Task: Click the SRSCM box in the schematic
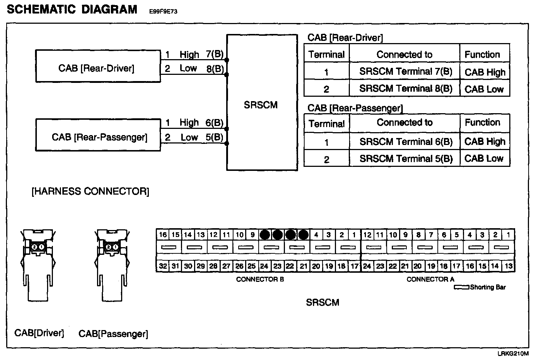[x=262, y=103]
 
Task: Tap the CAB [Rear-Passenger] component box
[x=98, y=135]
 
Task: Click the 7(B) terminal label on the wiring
[x=215, y=54]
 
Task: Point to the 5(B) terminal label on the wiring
[x=214, y=137]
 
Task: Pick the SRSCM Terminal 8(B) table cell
[x=405, y=88]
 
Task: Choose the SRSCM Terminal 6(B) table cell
[x=405, y=141]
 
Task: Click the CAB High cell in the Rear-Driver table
[x=485, y=72]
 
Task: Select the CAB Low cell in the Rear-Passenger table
[x=484, y=158]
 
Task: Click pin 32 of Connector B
[x=163, y=266]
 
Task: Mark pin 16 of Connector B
[x=163, y=235]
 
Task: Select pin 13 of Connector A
[x=509, y=266]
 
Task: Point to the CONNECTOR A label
[x=430, y=279]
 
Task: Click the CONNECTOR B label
[x=260, y=279]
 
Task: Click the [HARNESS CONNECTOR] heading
[x=90, y=191]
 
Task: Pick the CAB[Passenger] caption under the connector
[x=113, y=334]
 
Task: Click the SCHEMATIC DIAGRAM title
[x=72, y=9]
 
